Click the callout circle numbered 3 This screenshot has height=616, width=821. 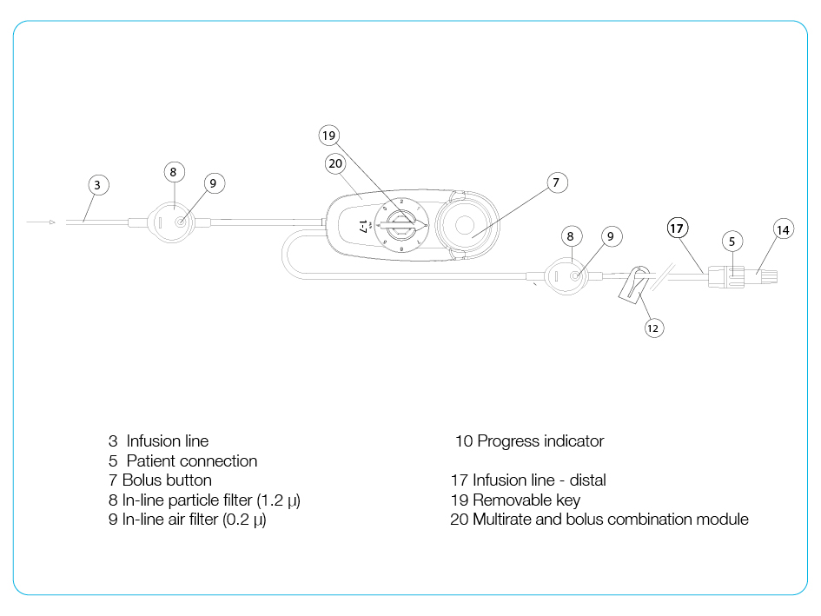click(x=97, y=184)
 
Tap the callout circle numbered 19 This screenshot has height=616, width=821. click(x=328, y=135)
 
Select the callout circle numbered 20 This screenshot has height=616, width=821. click(x=336, y=162)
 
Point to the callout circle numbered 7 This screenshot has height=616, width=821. click(x=557, y=182)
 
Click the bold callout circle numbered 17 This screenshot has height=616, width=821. click(x=678, y=228)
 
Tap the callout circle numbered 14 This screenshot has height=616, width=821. click(x=784, y=229)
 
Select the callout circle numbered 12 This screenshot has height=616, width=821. click(x=653, y=328)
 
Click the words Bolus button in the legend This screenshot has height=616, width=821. click(x=167, y=480)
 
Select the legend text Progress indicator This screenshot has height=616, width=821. click(x=540, y=441)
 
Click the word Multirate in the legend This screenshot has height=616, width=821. click(x=503, y=520)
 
